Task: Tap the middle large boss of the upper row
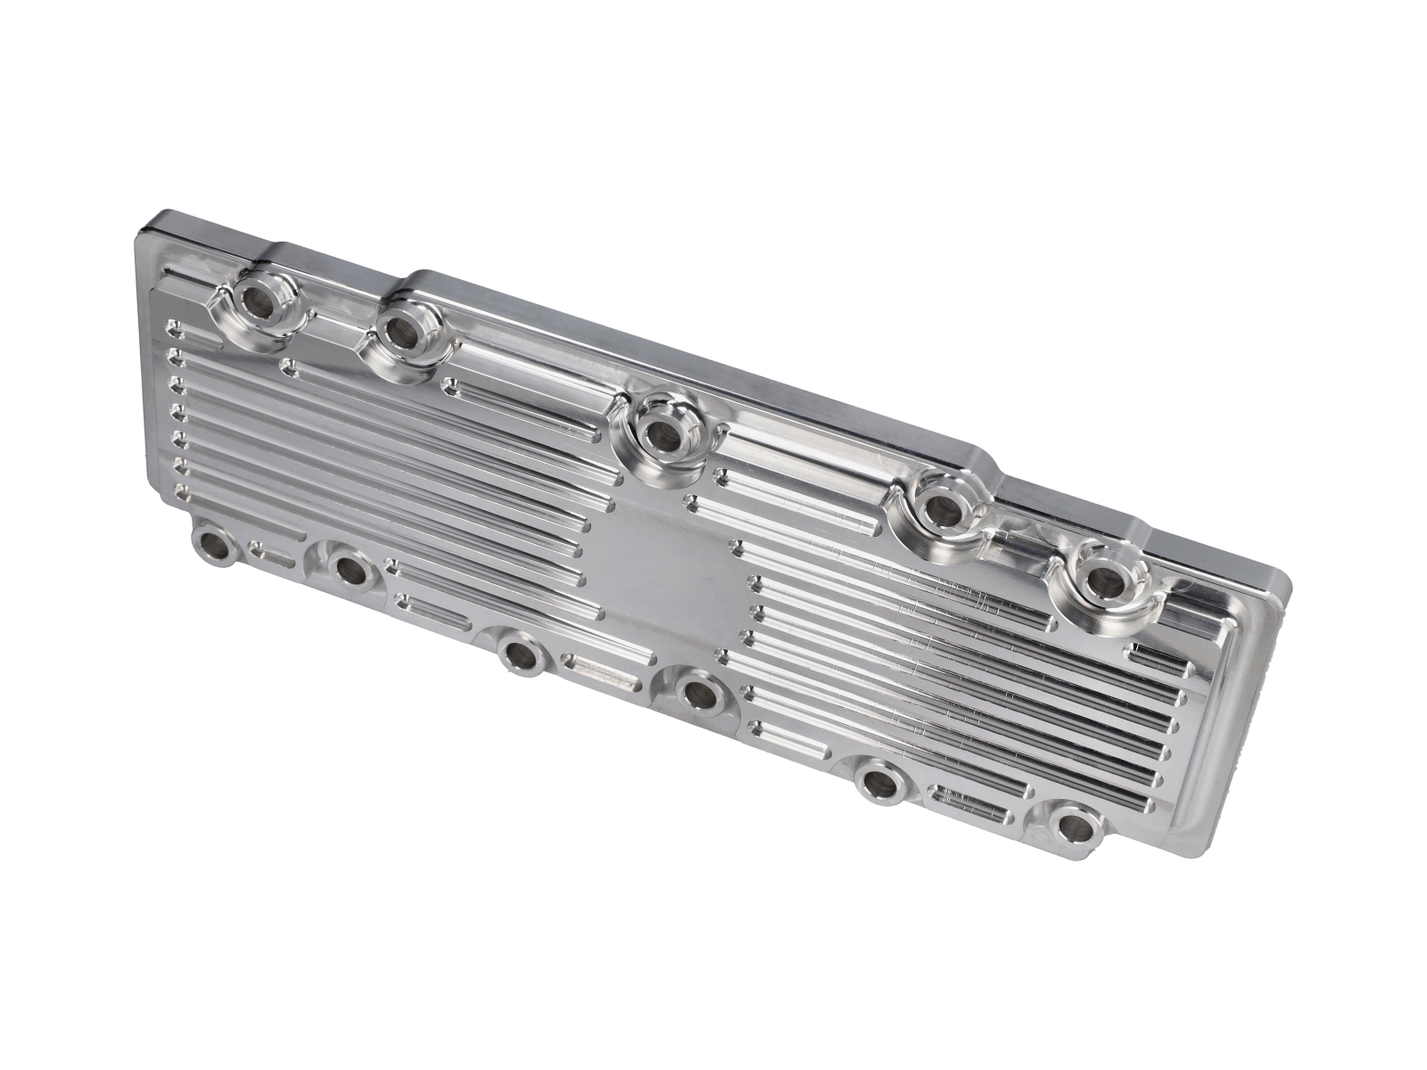coord(662,434)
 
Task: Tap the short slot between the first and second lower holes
coord(272,556)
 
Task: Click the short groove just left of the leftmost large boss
coord(196,337)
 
